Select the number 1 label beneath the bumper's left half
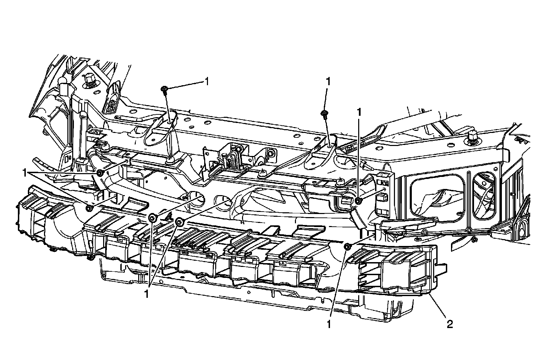point(147,294)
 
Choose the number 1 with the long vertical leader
point(360,112)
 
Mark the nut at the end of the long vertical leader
point(358,201)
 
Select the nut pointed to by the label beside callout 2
point(347,246)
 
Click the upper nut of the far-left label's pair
point(100,172)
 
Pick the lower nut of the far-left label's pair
point(89,208)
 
